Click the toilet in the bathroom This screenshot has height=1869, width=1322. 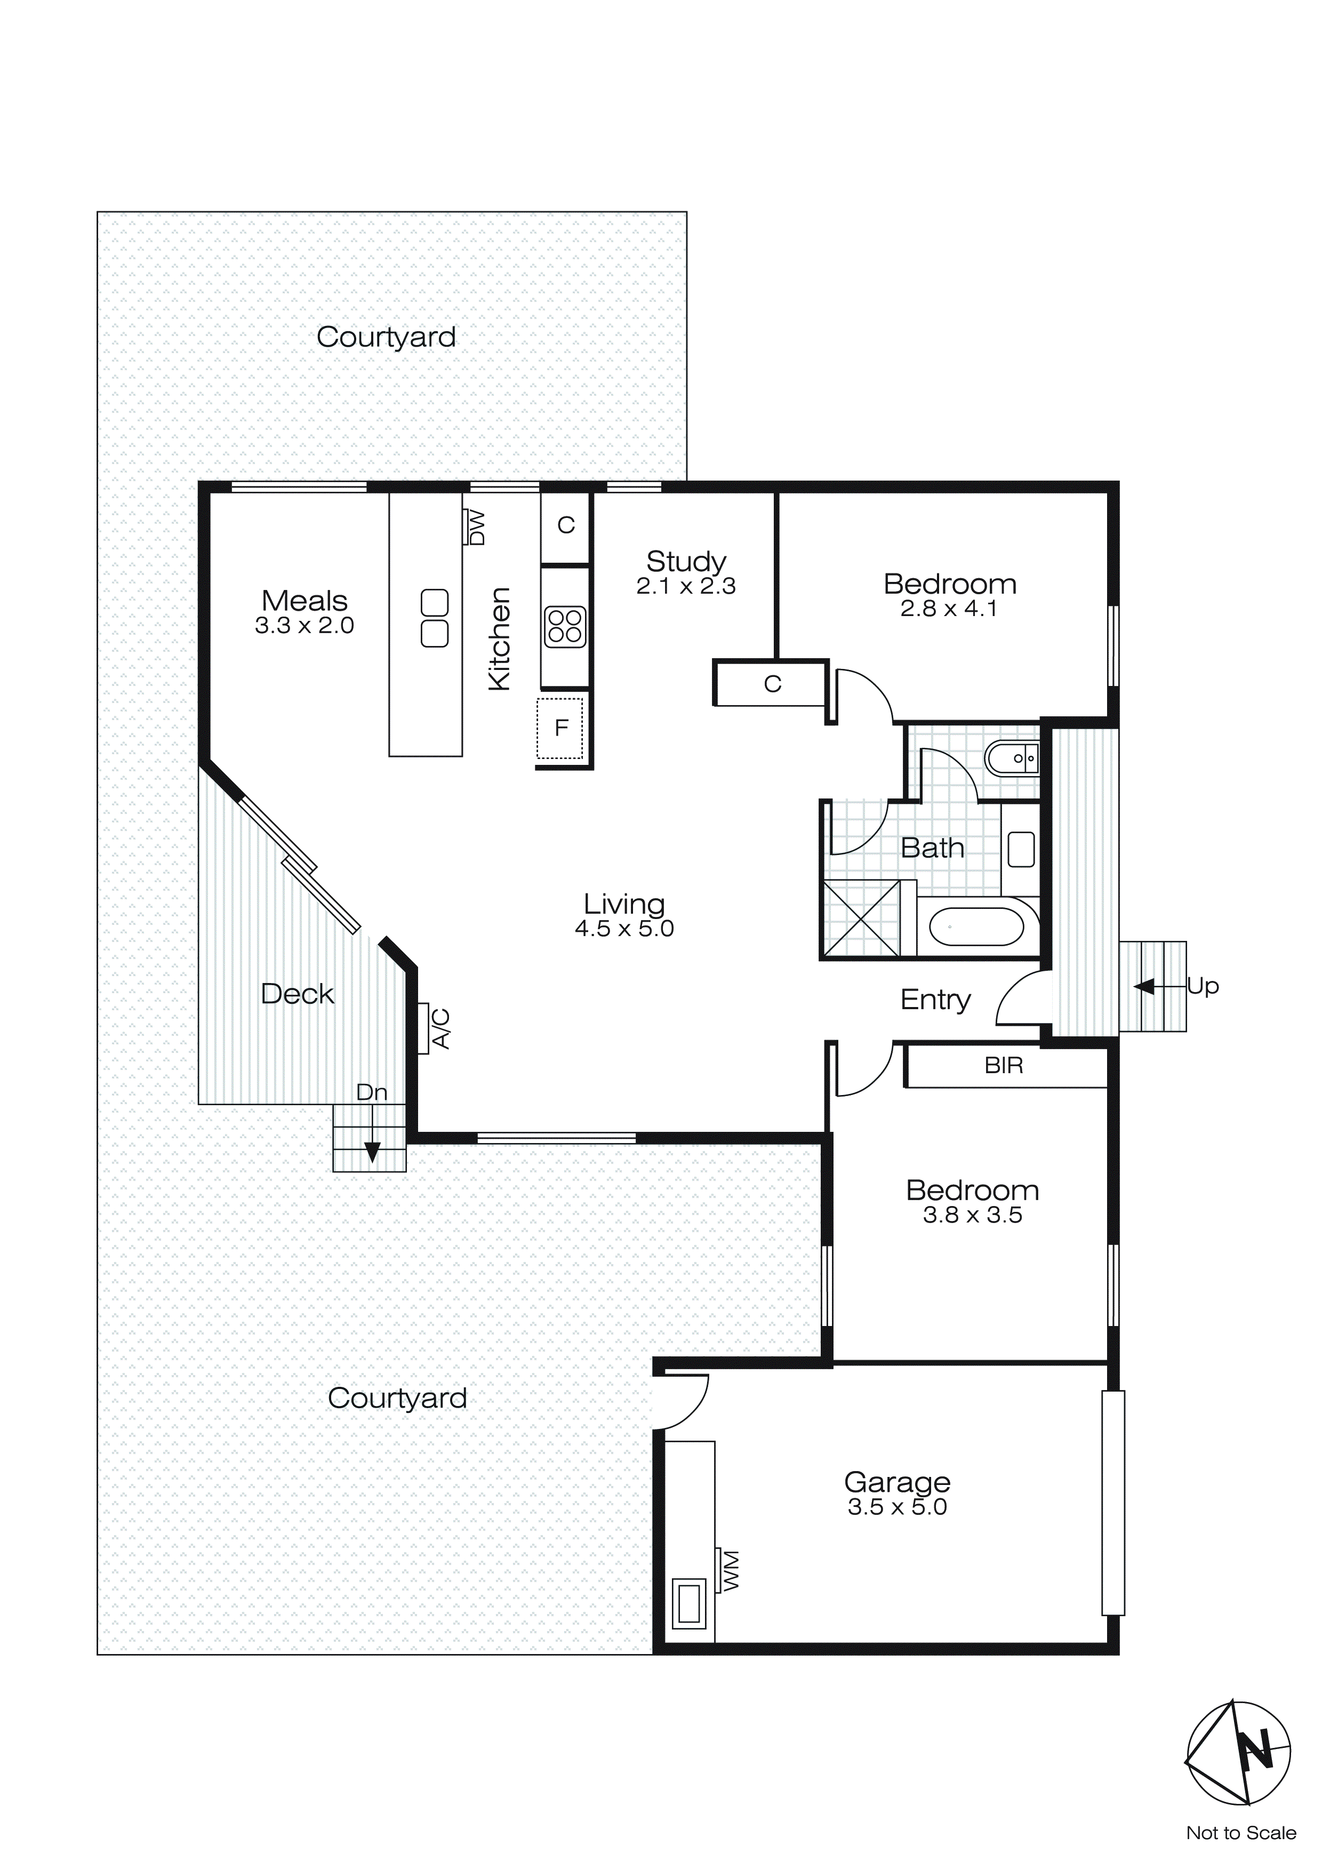coord(1011,758)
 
